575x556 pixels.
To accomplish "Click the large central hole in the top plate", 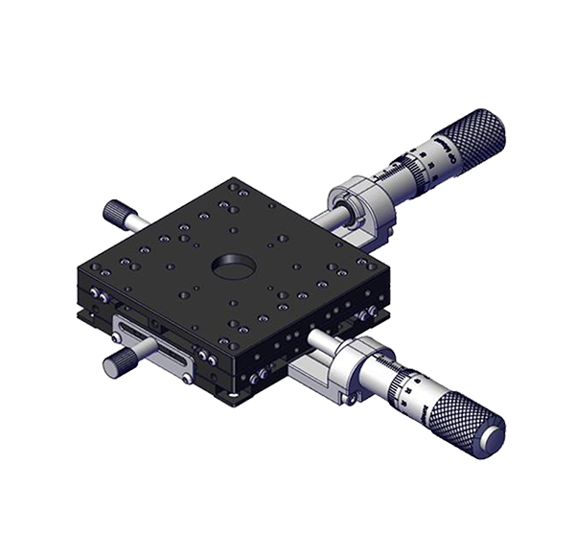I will tap(231, 264).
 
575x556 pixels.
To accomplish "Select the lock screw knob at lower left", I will tap(122, 361).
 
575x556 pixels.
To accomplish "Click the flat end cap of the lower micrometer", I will tap(491, 438).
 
